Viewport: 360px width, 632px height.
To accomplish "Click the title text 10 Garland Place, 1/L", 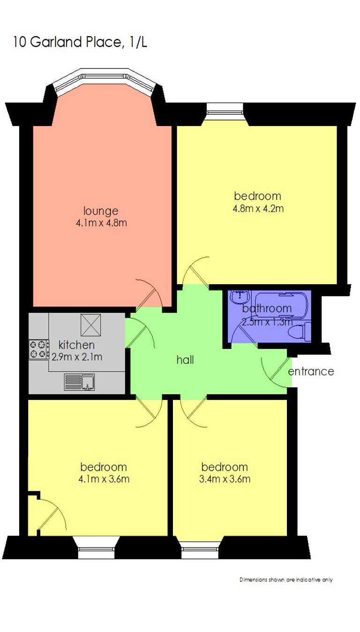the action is (x=80, y=42).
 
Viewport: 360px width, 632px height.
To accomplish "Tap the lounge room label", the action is (x=101, y=211).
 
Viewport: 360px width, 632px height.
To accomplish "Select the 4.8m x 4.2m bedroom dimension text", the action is (x=258, y=209).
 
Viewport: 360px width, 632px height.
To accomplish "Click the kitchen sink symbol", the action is (x=80, y=382).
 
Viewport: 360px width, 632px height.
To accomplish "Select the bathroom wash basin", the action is (x=240, y=296).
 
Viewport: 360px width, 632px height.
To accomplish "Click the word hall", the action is (x=185, y=360).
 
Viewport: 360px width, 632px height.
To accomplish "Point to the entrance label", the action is (x=311, y=371).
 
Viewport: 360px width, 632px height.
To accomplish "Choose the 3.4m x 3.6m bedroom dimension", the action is (x=225, y=479).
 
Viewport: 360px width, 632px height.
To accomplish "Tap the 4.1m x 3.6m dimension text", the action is (x=104, y=479).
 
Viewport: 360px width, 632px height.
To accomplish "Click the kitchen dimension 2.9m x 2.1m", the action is (x=77, y=357).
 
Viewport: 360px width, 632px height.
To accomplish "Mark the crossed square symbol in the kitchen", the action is (x=91, y=325).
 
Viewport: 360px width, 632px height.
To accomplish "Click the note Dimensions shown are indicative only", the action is (x=286, y=580).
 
